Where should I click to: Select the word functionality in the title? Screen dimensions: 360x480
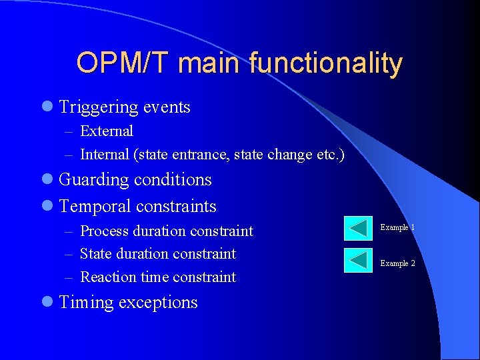click(326, 64)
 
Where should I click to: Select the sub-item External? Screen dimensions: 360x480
click(106, 131)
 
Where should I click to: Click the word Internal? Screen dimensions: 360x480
click(104, 155)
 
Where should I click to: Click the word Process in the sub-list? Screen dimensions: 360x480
click(104, 231)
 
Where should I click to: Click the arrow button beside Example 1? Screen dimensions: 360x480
click(358, 228)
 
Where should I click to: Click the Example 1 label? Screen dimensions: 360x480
click(397, 228)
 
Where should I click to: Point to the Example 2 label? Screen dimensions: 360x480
click(397, 263)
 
